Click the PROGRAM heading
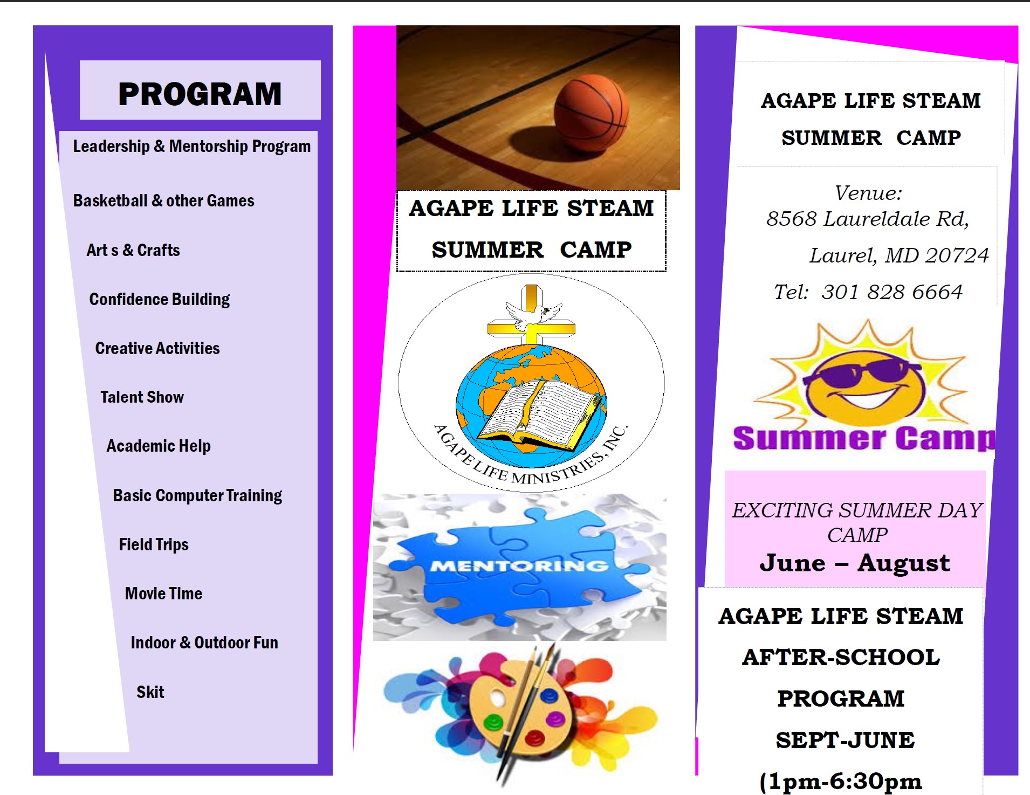[x=200, y=94]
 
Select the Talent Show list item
[x=142, y=397]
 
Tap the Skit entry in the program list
[x=150, y=692]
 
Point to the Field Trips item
[x=154, y=545]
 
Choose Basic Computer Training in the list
[x=197, y=496]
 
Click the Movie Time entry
[x=164, y=593]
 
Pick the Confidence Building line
[x=160, y=300]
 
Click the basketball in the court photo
[x=591, y=112]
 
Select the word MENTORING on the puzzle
[x=519, y=566]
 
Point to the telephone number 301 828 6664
[x=892, y=292]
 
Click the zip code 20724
[x=957, y=255]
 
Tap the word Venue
[x=868, y=193]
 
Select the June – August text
[x=855, y=563]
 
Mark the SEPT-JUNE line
[x=845, y=740]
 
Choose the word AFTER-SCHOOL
[x=841, y=657]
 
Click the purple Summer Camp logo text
[x=864, y=438]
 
